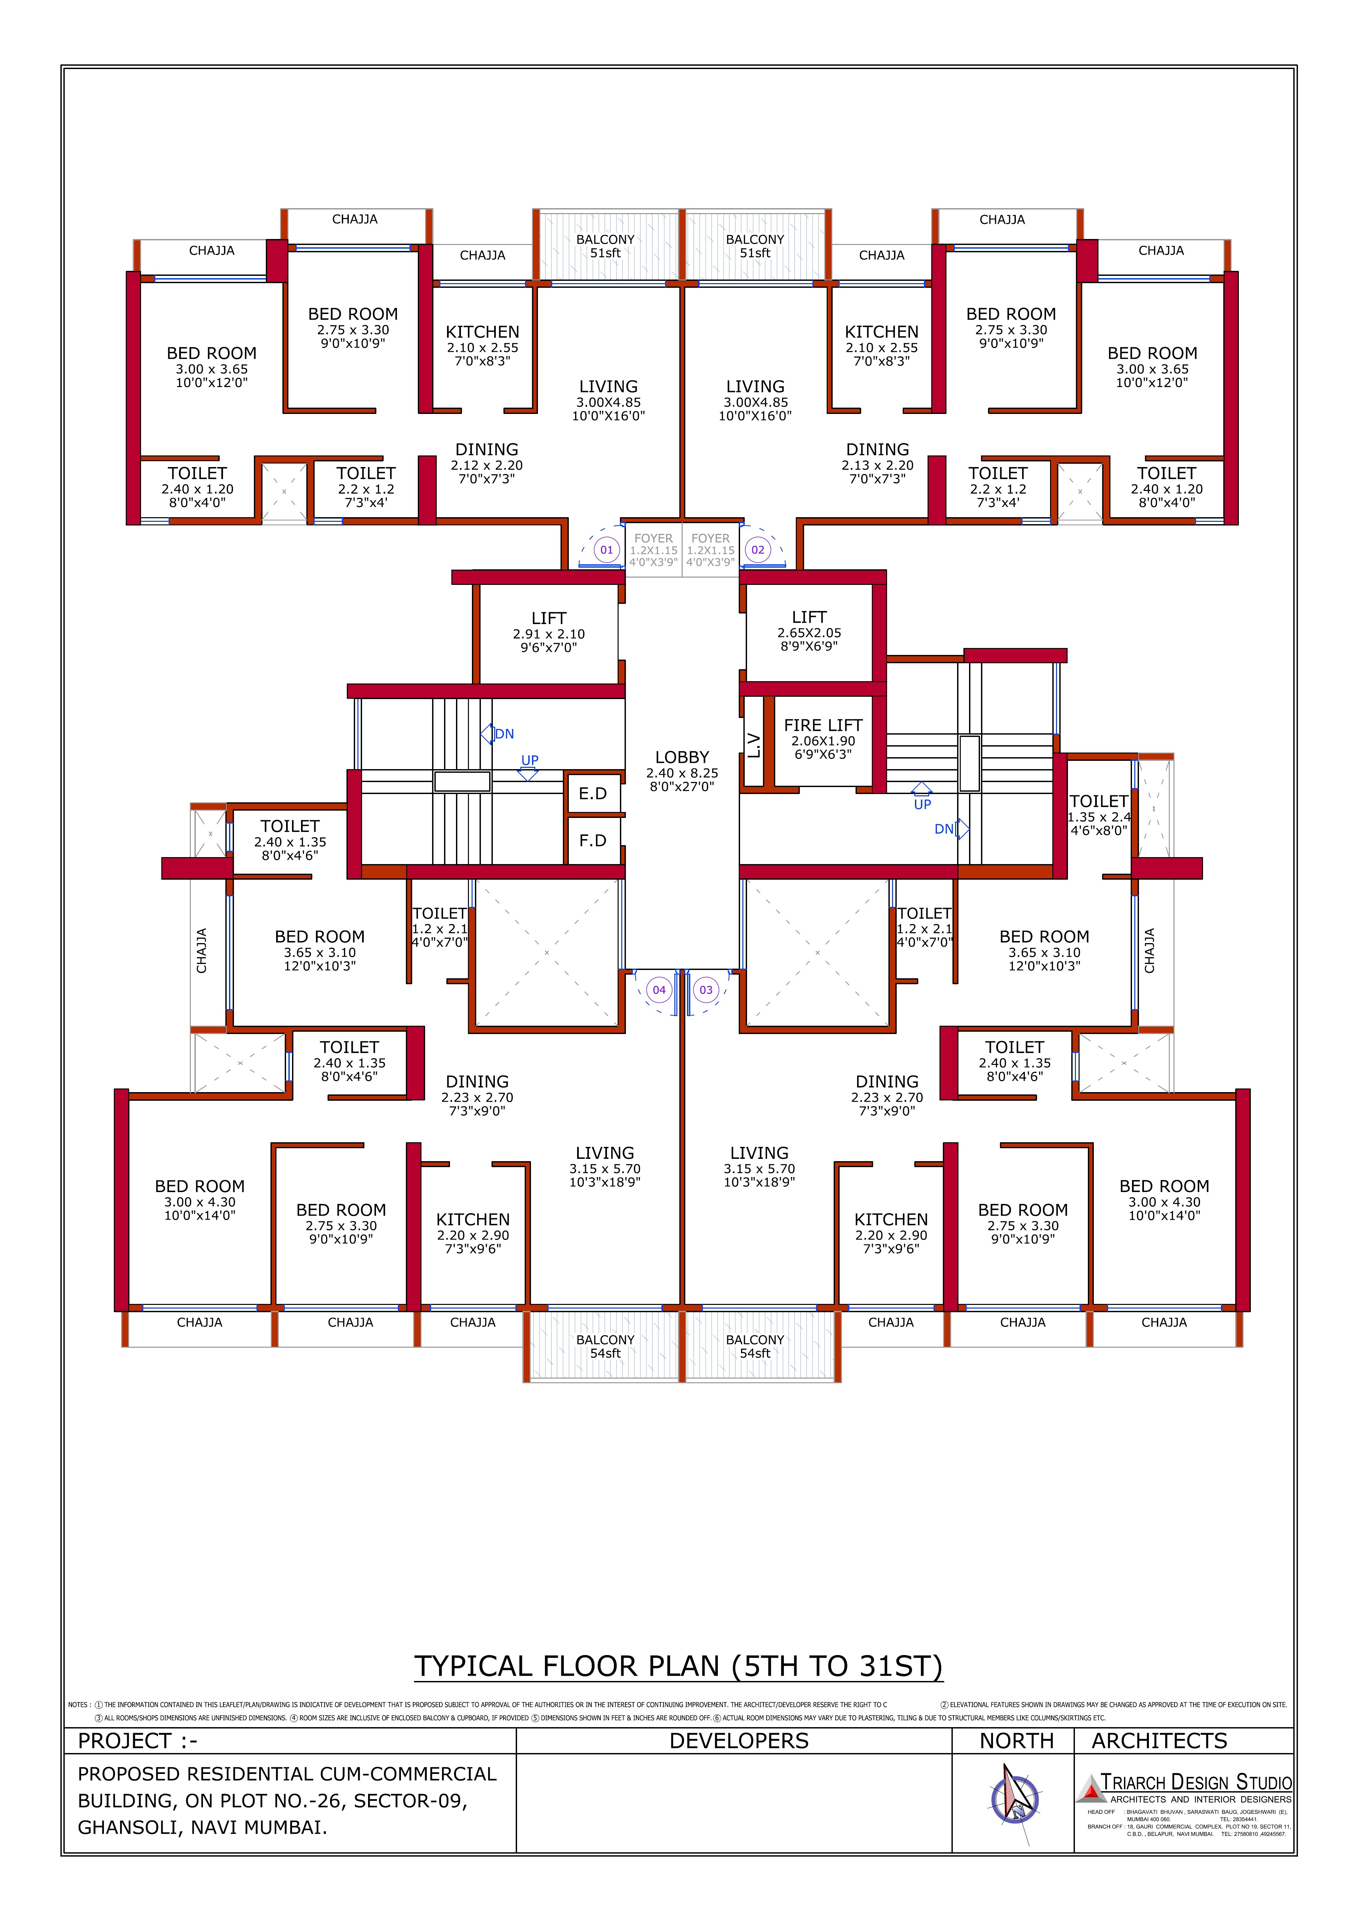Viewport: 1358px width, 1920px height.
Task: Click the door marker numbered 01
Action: click(606, 550)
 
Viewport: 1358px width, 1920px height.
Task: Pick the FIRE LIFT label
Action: click(823, 726)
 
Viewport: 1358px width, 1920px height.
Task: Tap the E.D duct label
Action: click(593, 794)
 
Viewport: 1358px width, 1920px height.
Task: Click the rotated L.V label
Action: click(753, 745)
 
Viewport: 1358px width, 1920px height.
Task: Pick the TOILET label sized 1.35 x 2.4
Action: click(1099, 802)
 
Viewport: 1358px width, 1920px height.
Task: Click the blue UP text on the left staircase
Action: click(529, 760)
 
